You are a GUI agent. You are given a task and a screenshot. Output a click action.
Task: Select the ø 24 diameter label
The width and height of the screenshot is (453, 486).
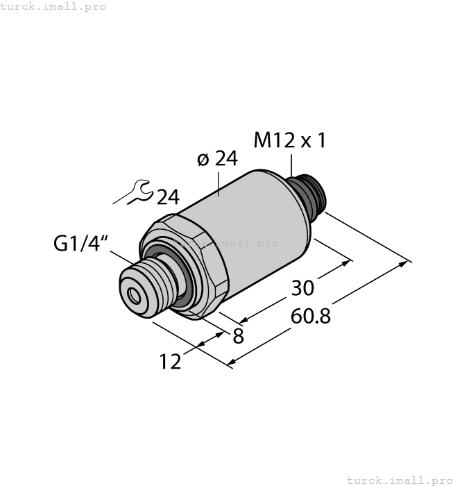click(x=217, y=159)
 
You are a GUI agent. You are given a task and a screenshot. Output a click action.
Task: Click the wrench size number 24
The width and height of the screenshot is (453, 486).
click(x=167, y=197)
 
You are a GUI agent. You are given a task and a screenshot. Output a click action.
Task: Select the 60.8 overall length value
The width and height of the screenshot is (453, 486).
click(x=309, y=316)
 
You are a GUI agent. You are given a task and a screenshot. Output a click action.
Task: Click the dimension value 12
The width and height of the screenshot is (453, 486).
click(x=170, y=361)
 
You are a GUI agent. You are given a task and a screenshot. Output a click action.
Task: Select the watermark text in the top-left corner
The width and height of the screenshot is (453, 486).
click(x=53, y=6)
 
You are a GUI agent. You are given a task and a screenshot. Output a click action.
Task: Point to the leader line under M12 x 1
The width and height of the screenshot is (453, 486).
click(x=291, y=165)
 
